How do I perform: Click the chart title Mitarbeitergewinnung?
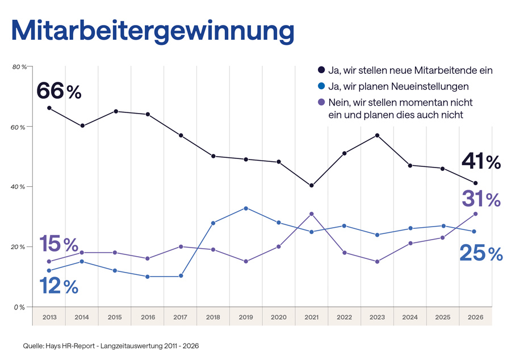coord(153,31)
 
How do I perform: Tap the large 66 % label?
coord(59,91)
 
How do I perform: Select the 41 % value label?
coord(480,162)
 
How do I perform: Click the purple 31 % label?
coord(480,199)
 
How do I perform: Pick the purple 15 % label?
coord(59,244)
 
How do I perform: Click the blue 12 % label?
coord(59,286)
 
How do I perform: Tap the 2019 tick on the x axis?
coord(246,317)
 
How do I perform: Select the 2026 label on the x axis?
coord(476,317)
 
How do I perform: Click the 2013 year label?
coord(49,317)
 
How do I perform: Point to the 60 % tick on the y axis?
coord(19,127)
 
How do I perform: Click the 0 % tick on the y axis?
coord(20,307)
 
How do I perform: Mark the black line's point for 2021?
coord(312,186)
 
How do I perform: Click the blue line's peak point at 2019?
coord(246,208)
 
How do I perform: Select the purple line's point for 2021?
coord(312,214)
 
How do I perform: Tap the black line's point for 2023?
coord(377,135)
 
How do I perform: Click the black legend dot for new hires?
coord(321,70)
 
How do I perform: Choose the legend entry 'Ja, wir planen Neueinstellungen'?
coord(398,86)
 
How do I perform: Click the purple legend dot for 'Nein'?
coord(321,102)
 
